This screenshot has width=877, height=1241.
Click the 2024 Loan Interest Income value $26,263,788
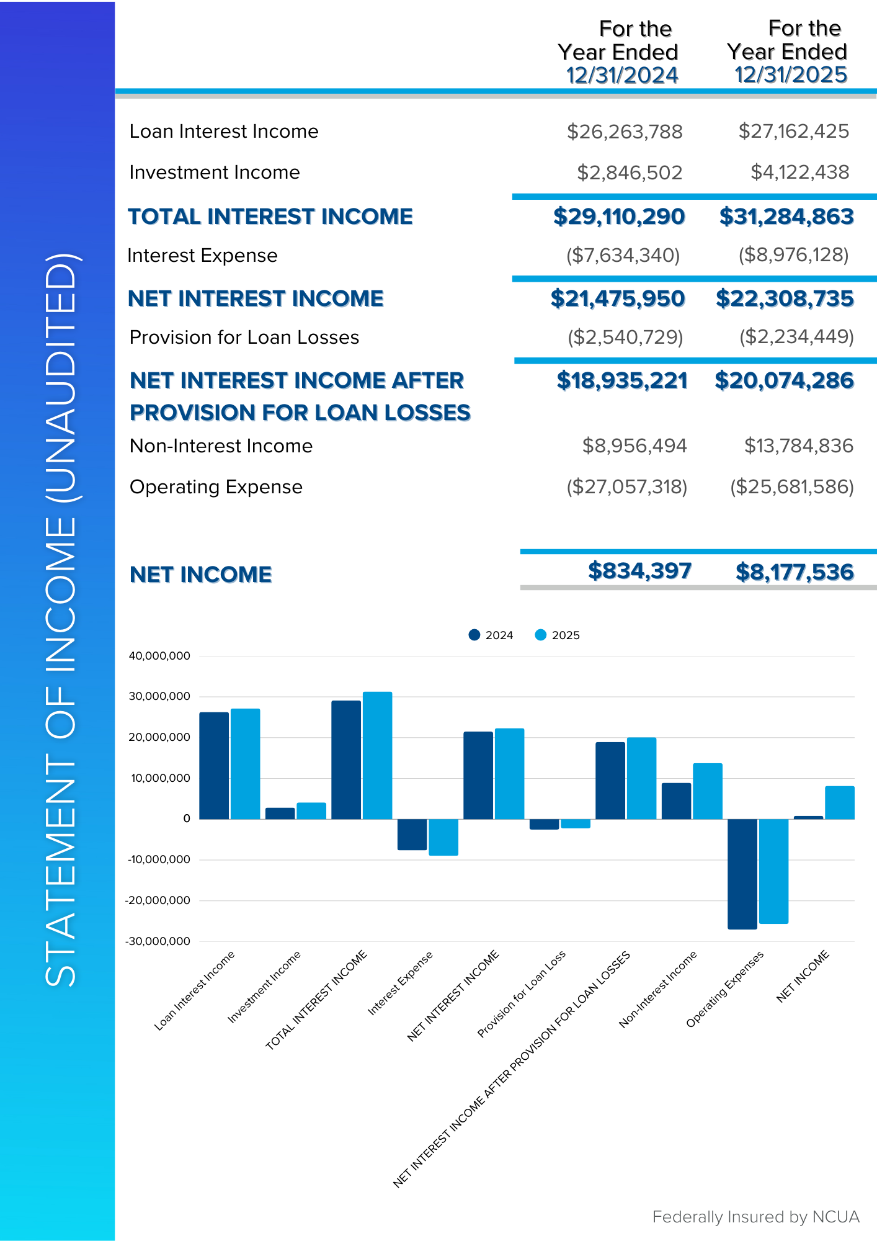click(624, 132)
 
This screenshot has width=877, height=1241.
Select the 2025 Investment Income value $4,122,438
click(799, 172)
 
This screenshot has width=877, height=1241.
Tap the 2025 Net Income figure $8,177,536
click(794, 572)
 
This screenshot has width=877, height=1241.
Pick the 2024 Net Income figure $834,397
click(639, 571)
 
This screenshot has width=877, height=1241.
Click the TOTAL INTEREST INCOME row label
click(270, 217)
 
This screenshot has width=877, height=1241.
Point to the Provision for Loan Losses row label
click(244, 338)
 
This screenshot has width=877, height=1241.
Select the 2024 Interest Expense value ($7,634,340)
click(623, 255)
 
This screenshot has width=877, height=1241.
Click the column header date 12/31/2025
click(791, 75)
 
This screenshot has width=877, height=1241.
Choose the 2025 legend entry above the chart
click(558, 635)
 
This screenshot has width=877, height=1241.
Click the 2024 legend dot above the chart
click(474, 635)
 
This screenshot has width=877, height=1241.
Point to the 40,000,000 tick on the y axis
click(159, 656)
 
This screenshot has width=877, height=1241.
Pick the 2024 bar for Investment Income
click(280, 813)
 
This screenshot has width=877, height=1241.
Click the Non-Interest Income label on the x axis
click(658, 989)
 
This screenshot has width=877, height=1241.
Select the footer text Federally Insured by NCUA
click(755, 1217)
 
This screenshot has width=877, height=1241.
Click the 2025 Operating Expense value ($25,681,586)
click(791, 487)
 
